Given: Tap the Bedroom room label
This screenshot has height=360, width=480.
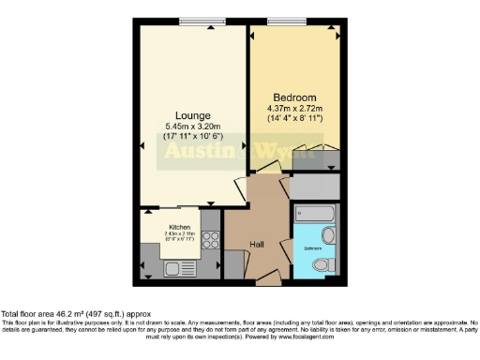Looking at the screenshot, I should pyautogui.click(x=294, y=97).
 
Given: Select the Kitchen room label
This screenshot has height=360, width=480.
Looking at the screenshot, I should pyautogui.click(x=179, y=227).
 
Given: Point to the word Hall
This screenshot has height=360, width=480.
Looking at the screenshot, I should pyautogui.click(x=257, y=246).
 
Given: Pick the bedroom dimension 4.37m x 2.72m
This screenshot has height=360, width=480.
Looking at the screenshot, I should pyautogui.click(x=294, y=110).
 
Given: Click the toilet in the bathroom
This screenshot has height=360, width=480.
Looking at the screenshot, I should pyautogui.click(x=322, y=266).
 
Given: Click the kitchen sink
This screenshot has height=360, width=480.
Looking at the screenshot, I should pyautogui.click(x=174, y=269).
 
